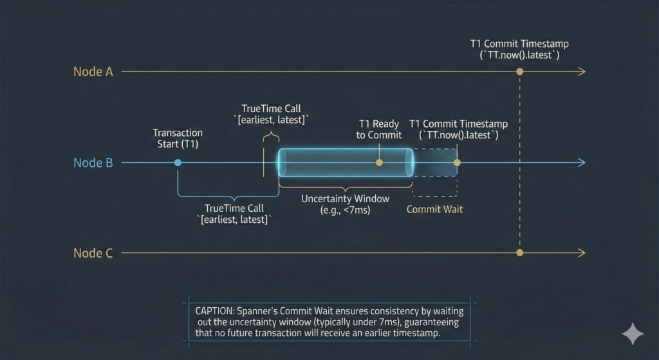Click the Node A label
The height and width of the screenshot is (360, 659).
(93, 71)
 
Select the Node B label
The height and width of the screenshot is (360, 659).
(93, 163)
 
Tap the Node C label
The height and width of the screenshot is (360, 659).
(93, 253)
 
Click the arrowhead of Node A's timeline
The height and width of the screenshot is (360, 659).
(582, 71)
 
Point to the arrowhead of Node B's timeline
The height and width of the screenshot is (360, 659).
(582, 163)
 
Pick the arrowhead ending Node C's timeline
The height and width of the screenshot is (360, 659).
(582, 253)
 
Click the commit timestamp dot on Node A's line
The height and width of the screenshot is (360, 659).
(519, 71)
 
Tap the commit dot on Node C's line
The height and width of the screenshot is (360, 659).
(519, 253)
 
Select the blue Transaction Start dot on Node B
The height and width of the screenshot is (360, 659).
(178, 163)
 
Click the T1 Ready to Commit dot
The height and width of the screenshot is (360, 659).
(379, 163)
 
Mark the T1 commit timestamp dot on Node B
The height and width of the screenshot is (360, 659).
(457, 163)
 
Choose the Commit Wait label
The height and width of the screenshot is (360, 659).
(434, 209)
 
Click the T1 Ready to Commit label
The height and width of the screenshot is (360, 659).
(380, 129)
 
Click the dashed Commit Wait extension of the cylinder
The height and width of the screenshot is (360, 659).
(436, 163)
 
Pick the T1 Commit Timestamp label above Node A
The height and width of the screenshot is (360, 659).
(519, 50)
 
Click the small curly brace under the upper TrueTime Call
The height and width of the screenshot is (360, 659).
(271, 136)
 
